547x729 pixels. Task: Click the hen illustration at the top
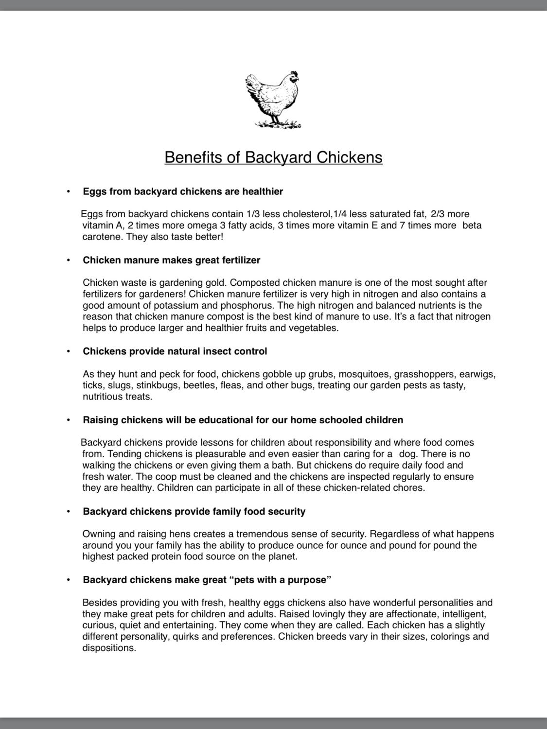[273, 100]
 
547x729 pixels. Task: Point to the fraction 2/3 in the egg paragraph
[438, 214]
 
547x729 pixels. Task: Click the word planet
[282, 556]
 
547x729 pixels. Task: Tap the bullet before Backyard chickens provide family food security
[69, 511]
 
